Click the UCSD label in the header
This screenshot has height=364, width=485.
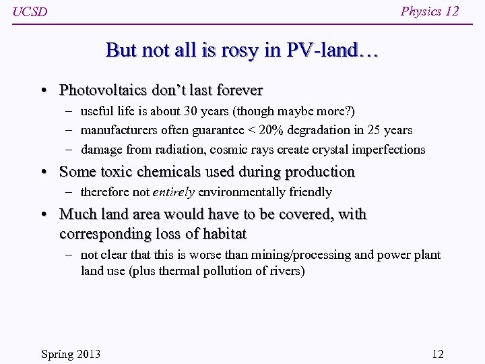30,12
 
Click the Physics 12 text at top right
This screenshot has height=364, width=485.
430,11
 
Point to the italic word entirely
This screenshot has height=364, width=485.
174,192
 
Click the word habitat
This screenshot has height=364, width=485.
223,234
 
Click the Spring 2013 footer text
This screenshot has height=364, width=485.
71,354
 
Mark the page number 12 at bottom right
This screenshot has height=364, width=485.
437,354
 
